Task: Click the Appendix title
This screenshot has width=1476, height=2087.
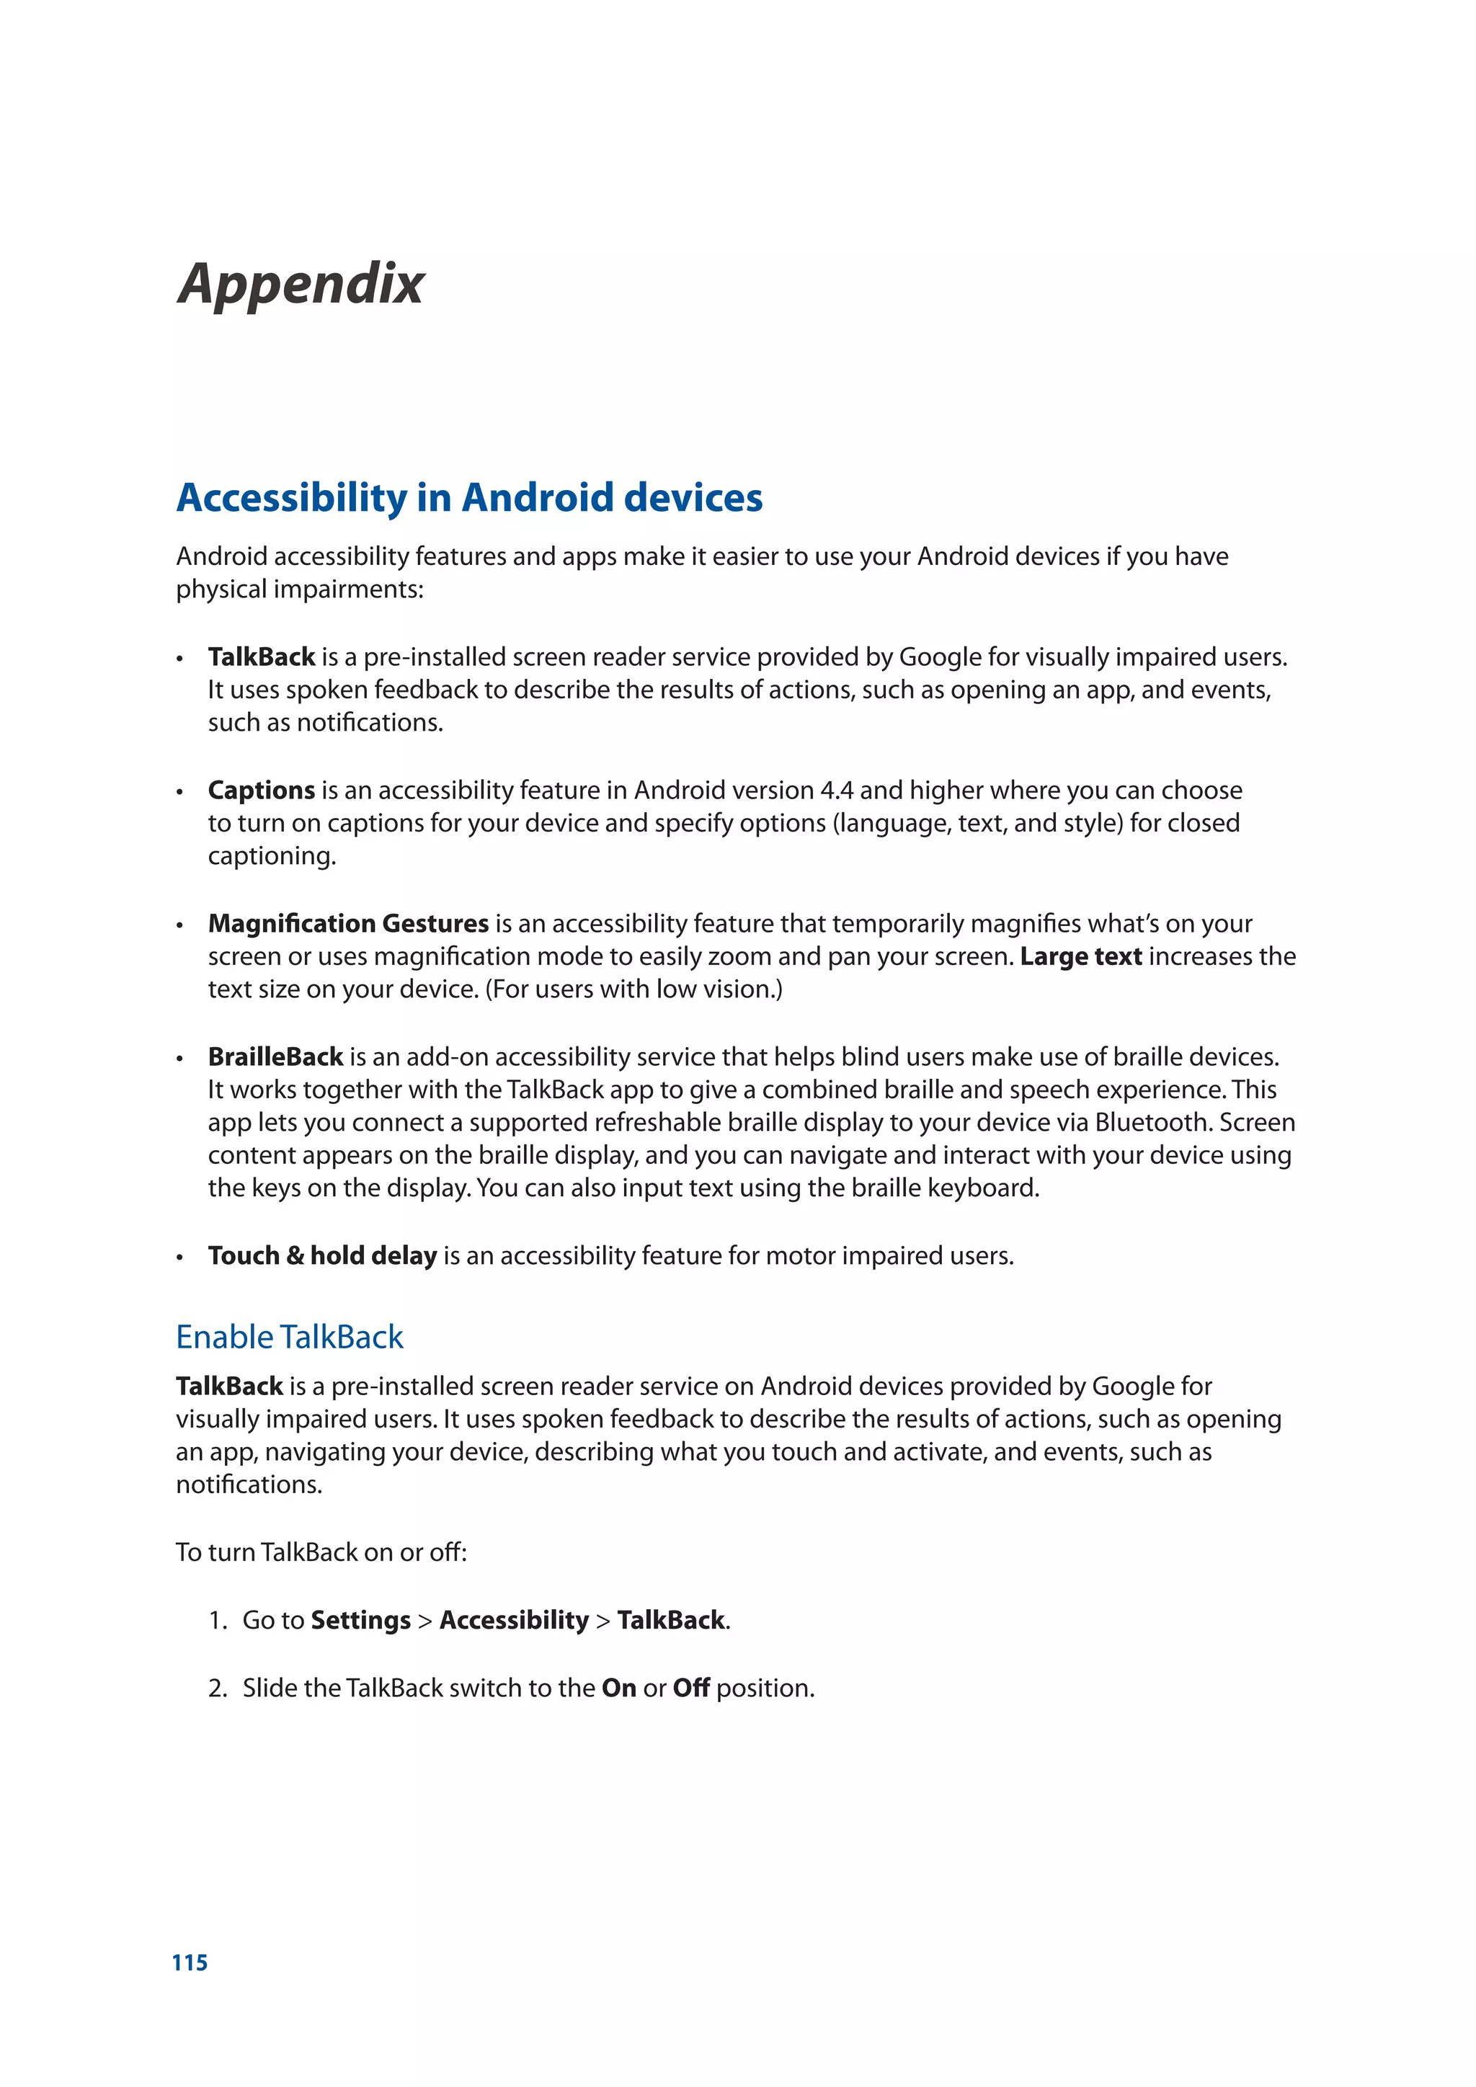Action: (301, 284)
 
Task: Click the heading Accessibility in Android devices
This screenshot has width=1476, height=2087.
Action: (469, 497)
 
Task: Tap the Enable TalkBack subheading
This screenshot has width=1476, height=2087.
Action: (289, 1336)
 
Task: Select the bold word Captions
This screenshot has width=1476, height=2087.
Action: (261, 790)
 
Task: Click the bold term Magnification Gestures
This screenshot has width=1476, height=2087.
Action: (348, 924)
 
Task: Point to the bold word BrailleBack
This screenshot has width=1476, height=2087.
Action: (275, 1056)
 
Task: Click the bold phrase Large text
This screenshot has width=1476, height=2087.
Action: (1080, 956)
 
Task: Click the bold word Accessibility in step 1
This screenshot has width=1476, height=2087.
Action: (514, 1620)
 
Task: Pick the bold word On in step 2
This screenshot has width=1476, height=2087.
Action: (618, 1688)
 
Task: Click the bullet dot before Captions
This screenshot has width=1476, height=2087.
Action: (180, 793)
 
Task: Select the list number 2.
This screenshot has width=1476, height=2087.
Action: (216, 1688)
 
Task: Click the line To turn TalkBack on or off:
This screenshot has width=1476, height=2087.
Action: (321, 1552)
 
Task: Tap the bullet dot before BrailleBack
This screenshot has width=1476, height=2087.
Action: (180, 1059)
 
